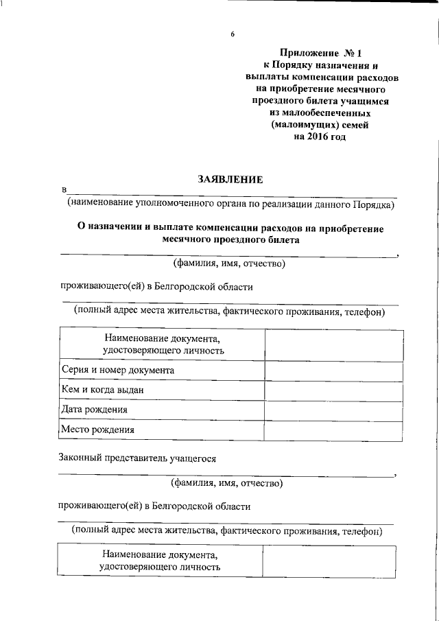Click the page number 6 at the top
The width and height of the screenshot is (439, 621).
point(233,34)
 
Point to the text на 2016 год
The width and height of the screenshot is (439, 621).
point(320,137)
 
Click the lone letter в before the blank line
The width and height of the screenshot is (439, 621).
point(64,190)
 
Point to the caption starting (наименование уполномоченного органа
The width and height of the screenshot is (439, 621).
point(230,204)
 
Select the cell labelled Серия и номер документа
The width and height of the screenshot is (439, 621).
point(117,370)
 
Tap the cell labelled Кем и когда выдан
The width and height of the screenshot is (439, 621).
point(102,390)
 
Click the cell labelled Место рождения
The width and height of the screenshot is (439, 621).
point(97,430)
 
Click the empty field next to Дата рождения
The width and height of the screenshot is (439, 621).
point(333,410)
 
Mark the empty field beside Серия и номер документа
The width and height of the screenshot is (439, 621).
point(333,371)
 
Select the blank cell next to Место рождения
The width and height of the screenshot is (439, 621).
point(333,430)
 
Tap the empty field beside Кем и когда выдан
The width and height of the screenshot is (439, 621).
point(333,390)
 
